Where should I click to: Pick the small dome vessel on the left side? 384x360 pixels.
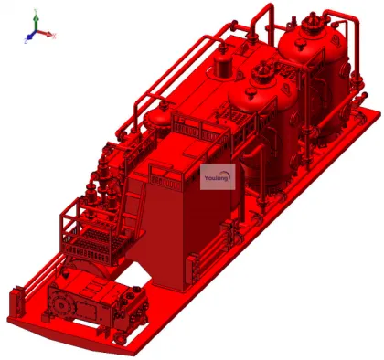(162, 116)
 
